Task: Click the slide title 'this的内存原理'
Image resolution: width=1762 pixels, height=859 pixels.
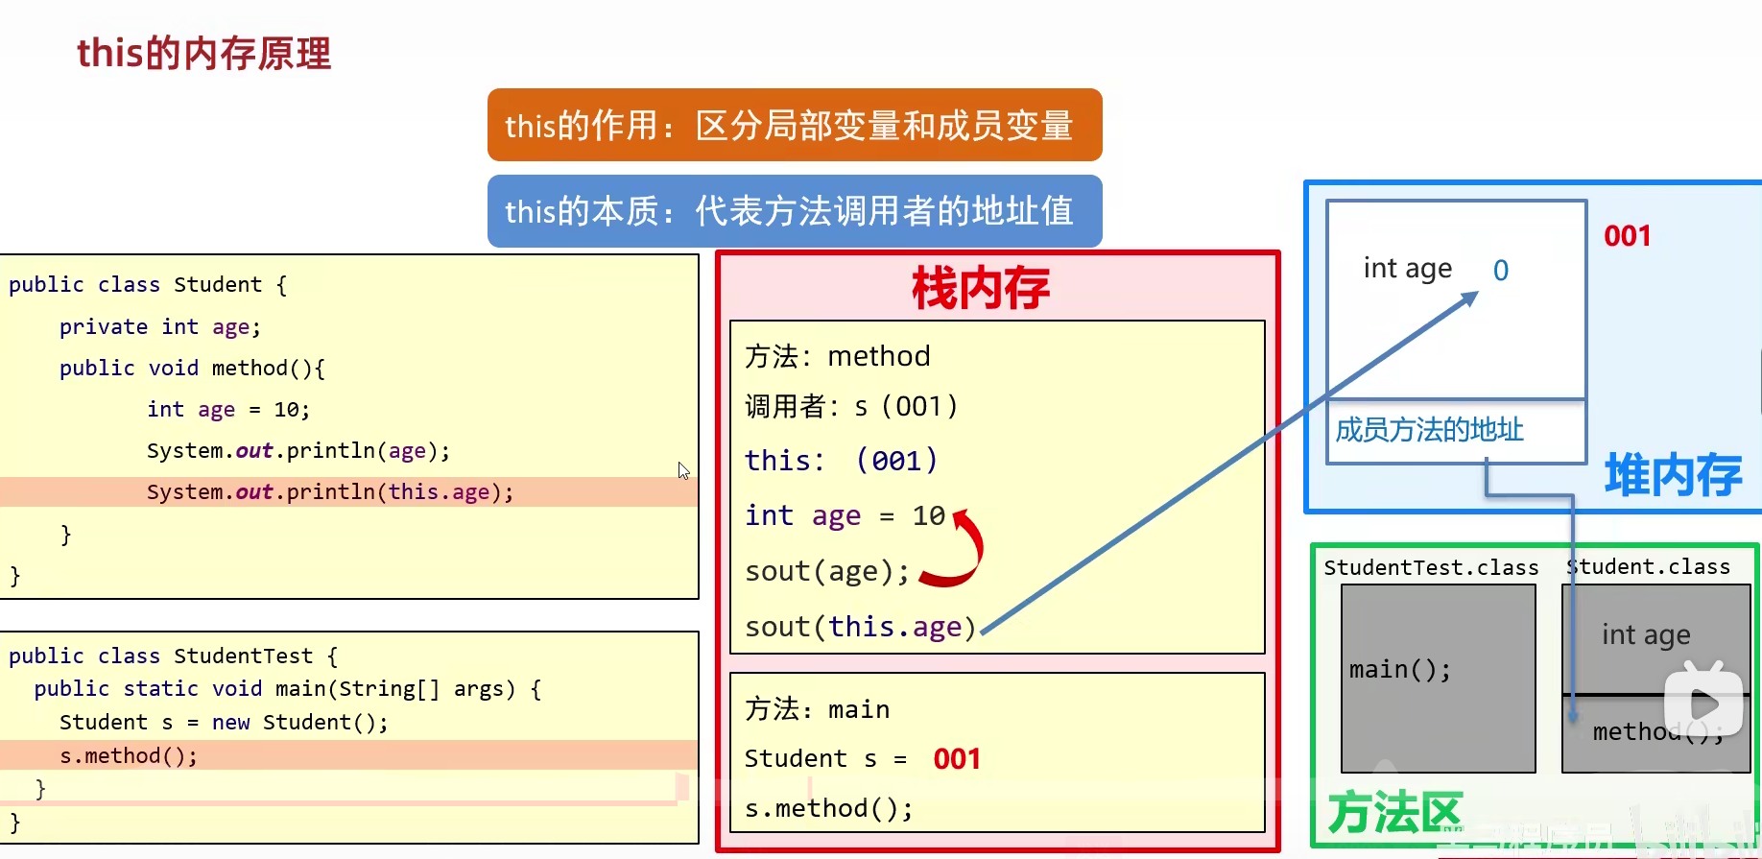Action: [203, 54]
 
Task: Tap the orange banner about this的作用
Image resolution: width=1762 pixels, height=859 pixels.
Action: [794, 126]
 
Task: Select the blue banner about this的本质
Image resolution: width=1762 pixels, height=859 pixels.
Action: [794, 211]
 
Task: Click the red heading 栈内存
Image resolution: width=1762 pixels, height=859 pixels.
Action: [980, 288]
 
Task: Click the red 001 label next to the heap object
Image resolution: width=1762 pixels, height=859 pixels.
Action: [1627, 236]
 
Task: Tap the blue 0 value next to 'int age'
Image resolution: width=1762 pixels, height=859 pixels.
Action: [1501, 271]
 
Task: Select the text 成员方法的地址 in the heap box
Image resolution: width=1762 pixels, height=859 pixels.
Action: [1429, 430]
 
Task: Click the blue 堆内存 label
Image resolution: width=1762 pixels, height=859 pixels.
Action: [1673, 475]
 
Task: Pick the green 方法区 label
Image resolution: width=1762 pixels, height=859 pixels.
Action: [1393, 813]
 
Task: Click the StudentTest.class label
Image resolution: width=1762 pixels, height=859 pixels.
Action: [1430, 568]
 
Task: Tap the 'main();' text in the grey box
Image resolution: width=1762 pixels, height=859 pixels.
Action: [1399, 669]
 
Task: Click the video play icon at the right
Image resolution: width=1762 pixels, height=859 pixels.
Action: [1703, 704]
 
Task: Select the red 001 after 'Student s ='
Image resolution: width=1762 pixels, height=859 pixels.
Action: [957, 759]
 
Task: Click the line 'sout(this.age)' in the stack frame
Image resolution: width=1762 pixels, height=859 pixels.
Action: [860, 627]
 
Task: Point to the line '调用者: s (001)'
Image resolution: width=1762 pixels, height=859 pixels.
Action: [850, 407]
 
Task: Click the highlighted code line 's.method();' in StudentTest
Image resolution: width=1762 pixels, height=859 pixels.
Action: [129, 756]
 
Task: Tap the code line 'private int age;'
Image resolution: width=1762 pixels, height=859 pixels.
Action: [159, 327]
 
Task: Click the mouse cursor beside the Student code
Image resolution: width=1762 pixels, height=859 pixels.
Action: [683, 470]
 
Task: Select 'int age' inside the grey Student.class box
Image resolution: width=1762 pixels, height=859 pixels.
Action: [1645, 634]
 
